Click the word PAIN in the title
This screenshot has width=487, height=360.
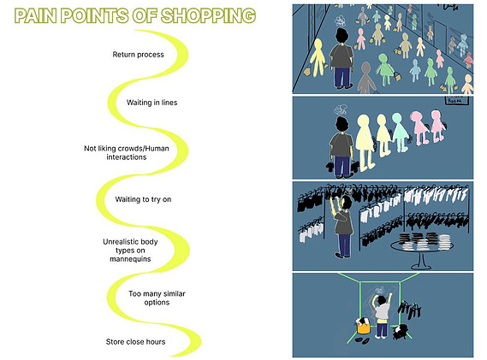click(x=35, y=16)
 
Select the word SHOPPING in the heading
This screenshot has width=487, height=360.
click(x=208, y=16)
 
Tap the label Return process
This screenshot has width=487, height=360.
click(x=138, y=55)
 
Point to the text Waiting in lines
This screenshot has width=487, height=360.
click(x=151, y=103)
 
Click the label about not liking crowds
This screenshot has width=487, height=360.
click(x=127, y=153)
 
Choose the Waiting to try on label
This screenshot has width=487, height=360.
click(x=143, y=199)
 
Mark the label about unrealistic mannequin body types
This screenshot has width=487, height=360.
click(x=130, y=251)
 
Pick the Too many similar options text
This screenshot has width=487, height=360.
click(x=157, y=298)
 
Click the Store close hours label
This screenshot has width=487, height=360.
click(x=135, y=342)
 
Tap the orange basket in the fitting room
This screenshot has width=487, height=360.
click(x=364, y=326)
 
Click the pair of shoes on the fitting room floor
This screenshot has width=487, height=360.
click(x=362, y=339)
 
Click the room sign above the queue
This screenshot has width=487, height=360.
click(x=455, y=101)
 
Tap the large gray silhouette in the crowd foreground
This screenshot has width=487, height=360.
click(x=366, y=78)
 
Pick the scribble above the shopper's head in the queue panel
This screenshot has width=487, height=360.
click(x=341, y=109)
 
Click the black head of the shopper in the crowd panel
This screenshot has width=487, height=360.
click(x=341, y=36)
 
